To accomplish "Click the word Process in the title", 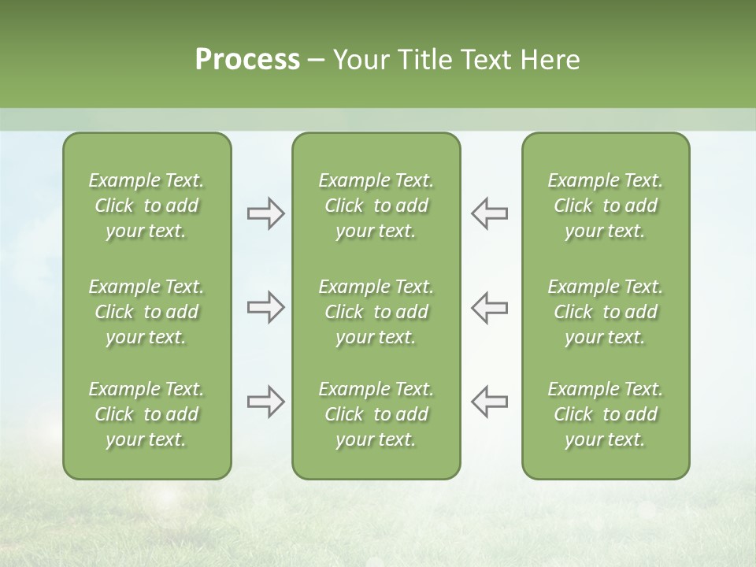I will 247,60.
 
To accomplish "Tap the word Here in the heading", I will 550,60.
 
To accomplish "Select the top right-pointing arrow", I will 265,213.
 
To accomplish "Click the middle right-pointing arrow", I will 265,307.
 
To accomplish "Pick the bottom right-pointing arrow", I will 265,402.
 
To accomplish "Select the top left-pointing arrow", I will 490,213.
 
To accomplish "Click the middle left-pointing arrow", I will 490,307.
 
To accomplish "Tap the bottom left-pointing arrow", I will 490,402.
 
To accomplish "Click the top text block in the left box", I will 146,206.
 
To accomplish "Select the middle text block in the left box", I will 146,312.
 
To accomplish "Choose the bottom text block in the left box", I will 146,414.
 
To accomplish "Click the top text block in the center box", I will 376,206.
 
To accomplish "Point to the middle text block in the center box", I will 376,312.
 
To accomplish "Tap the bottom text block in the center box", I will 376,414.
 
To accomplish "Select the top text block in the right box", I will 605,206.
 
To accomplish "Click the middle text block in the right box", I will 605,312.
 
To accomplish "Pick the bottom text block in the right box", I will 605,414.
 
